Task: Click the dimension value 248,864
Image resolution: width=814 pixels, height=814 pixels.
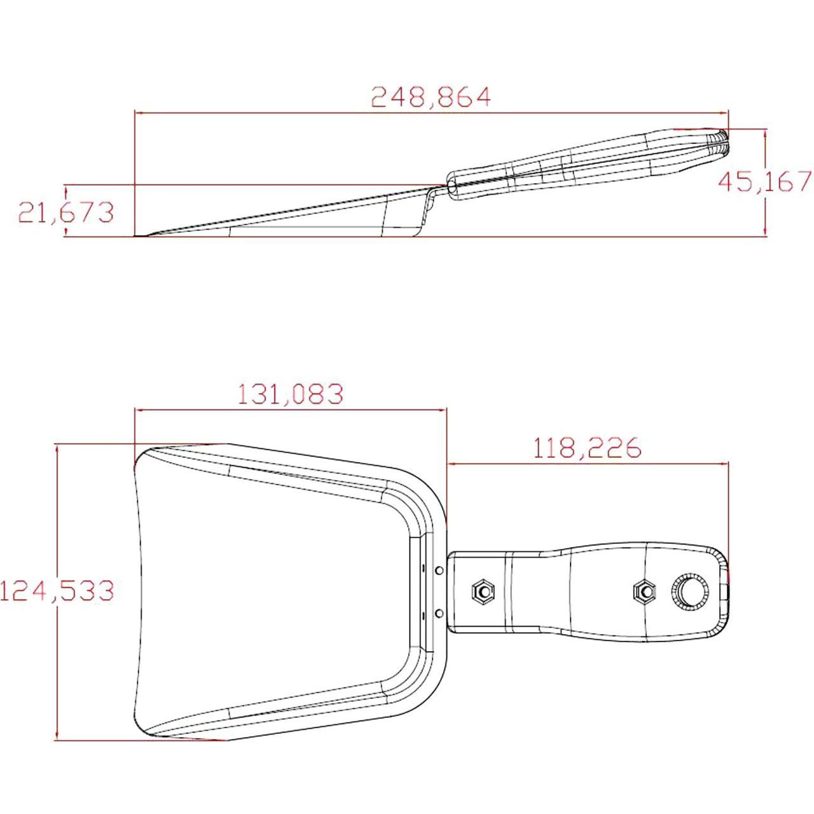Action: [431, 97]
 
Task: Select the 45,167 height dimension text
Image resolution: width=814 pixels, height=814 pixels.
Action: [765, 181]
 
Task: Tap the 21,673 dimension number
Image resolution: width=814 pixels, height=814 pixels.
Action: [66, 212]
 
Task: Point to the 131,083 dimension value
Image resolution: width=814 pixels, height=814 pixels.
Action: [291, 394]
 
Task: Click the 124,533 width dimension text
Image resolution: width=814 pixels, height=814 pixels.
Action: [57, 590]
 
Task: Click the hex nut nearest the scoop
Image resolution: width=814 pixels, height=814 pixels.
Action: [483, 590]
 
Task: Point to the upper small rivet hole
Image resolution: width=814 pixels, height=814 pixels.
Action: [439, 570]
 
